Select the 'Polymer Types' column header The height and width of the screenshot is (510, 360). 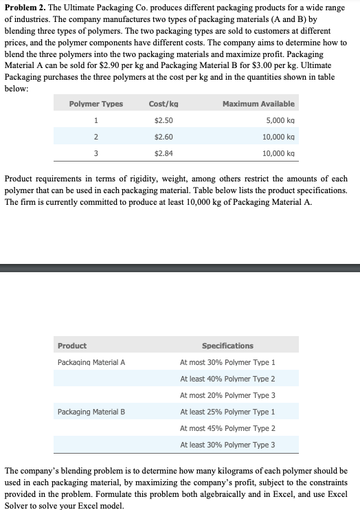tap(96, 104)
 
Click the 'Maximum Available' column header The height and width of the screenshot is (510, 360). tap(259, 104)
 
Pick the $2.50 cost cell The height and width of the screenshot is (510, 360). tap(164, 120)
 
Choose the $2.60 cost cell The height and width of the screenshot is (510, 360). tap(164, 137)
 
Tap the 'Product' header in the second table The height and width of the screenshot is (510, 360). tap(71, 346)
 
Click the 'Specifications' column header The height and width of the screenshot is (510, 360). tap(227, 346)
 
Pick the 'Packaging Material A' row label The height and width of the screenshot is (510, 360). tap(91, 362)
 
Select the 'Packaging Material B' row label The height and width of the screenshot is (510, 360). tap(91, 412)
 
